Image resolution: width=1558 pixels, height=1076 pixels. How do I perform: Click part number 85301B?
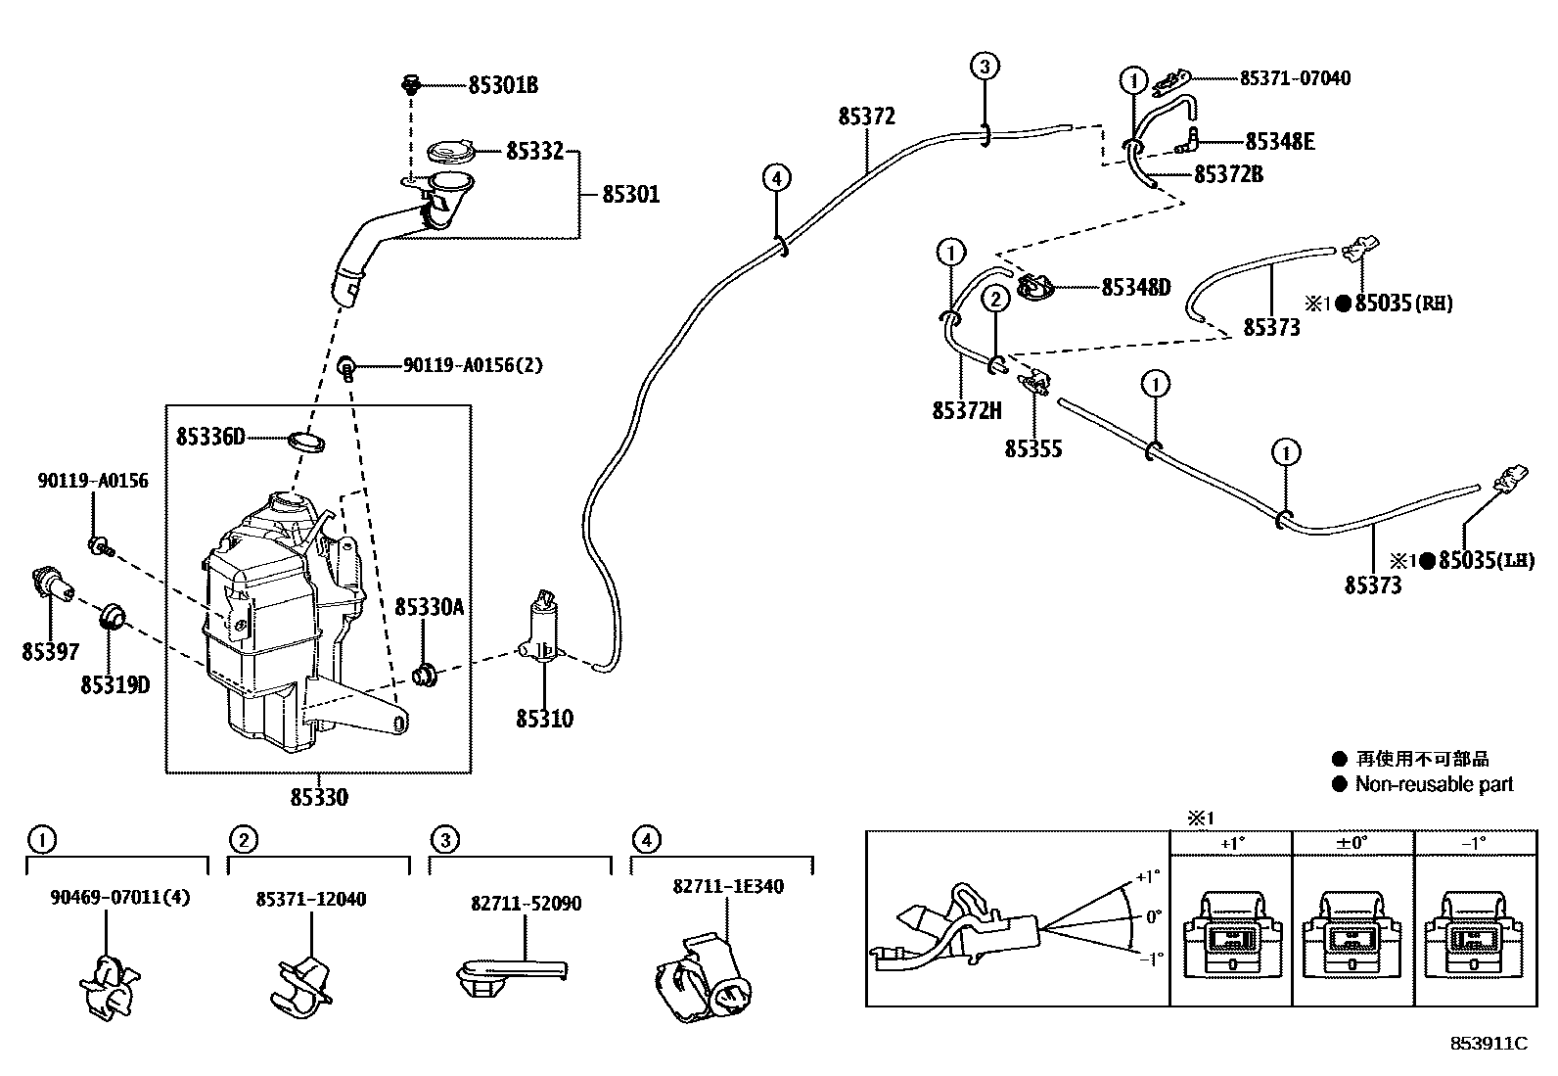[502, 85]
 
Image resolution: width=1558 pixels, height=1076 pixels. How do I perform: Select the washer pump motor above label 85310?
[541, 627]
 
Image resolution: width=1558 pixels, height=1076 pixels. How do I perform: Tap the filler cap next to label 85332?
[452, 153]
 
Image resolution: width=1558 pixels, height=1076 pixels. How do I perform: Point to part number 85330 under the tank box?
[318, 798]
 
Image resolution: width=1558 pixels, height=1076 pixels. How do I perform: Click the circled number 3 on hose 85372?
[985, 67]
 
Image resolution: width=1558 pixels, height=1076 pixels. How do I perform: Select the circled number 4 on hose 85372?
[775, 178]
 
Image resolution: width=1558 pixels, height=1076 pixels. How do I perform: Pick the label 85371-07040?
[1294, 78]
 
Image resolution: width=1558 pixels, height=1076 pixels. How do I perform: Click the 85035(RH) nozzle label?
[1403, 304]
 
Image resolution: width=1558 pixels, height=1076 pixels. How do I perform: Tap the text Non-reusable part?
[1434, 784]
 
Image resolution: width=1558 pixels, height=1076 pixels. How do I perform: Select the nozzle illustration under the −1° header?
[1474, 934]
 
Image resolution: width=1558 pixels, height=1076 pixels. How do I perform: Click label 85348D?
[1135, 288]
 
